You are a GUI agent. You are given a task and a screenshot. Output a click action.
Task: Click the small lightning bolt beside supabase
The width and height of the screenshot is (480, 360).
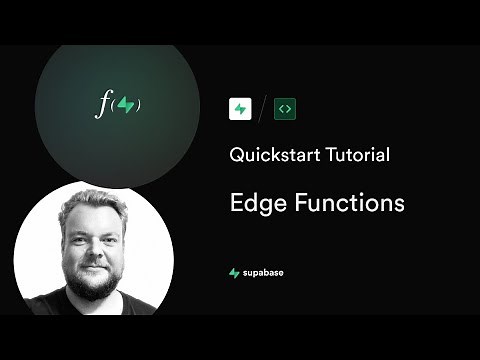point(234,272)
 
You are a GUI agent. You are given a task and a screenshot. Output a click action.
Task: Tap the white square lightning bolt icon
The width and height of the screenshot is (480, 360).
point(240,108)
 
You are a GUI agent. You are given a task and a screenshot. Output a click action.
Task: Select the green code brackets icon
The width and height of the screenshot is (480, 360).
point(286,108)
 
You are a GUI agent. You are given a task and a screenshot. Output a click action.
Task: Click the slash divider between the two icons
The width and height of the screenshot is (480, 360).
point(263,108)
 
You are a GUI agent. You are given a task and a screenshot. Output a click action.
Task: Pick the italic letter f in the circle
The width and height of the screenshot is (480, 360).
point(101,104)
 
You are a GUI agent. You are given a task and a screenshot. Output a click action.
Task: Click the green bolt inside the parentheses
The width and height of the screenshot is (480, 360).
point(124,104)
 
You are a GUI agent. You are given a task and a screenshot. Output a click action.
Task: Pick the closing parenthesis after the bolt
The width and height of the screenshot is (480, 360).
point(137,104)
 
